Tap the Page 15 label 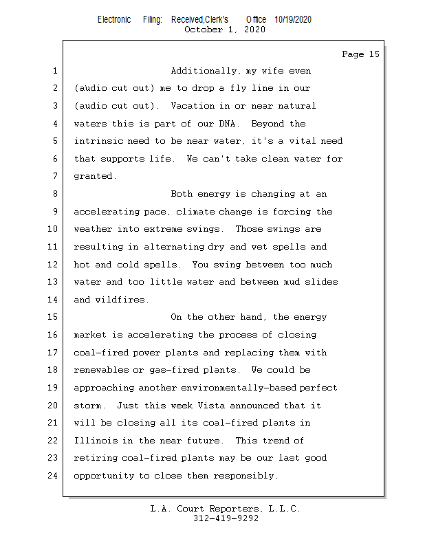click(x=360, y=54)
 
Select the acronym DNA click(x=227, y=124)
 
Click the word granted click(x=95, y=177)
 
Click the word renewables click(x=100, y=371)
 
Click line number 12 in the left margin click(x=54, y=265)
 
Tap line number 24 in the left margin click(x=54, y=476)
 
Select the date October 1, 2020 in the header click(x=225, y=30)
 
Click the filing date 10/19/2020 click(x=292, y=19)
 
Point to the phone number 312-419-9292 click(x=226, y=519)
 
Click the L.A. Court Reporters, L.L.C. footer click(x=225, y=509)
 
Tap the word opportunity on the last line click(x=106, y=476)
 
